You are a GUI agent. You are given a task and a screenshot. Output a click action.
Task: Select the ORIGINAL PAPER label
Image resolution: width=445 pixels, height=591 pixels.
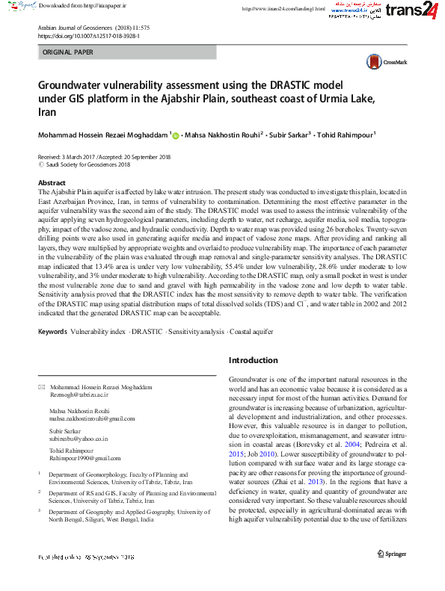(x=68, y=52)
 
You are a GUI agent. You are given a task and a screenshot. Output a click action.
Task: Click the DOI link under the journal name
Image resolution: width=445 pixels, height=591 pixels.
(x=88, y=35)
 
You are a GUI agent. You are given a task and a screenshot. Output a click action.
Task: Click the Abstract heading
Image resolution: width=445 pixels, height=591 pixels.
(x=52, y=182)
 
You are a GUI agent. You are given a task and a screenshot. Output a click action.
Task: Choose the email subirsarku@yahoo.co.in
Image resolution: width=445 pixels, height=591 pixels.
(x=79, y=439)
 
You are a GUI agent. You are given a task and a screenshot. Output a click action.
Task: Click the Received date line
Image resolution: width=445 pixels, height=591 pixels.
(x=104, y=157)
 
